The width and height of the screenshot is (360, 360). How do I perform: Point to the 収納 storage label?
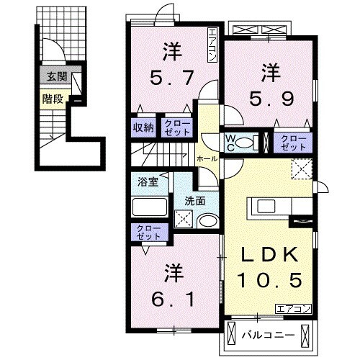pos(143,127)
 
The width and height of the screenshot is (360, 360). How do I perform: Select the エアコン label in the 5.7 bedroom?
pos(212,45)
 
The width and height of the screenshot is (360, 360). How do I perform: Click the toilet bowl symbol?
pos(245,143)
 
